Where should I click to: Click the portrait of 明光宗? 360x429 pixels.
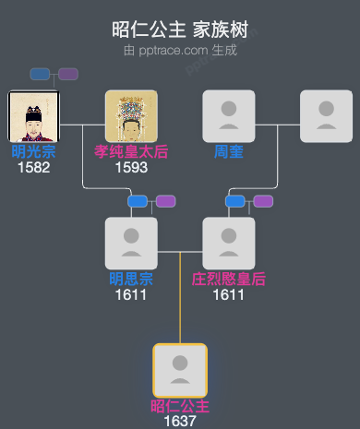[33, 116]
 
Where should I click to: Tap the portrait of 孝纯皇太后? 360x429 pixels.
[131, 116]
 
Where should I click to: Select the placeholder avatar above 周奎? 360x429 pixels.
[228, 116]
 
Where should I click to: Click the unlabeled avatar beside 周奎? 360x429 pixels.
[326, 116]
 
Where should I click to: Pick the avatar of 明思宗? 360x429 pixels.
[131, 244]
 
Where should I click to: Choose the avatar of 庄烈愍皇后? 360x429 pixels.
[228, 244]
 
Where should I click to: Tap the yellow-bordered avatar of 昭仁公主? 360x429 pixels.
[180, 370]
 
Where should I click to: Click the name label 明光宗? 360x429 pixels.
[33, 152]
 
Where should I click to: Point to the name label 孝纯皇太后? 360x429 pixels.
[131, 152]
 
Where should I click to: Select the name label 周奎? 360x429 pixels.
[228, 152]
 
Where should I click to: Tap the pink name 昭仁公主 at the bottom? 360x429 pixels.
[180, 406]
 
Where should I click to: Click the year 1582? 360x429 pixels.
[33, 168]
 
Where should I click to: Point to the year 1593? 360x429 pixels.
[131, 168]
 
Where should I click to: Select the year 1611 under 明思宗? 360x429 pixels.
[131, 295]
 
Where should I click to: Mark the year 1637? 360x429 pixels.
[180, 421]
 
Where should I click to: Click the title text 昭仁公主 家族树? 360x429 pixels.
[180, 30]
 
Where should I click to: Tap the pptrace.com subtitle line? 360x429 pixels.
[180, 50]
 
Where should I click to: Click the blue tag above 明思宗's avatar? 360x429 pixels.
[138, 201]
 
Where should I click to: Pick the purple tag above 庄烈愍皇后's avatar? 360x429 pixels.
[263, 201]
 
